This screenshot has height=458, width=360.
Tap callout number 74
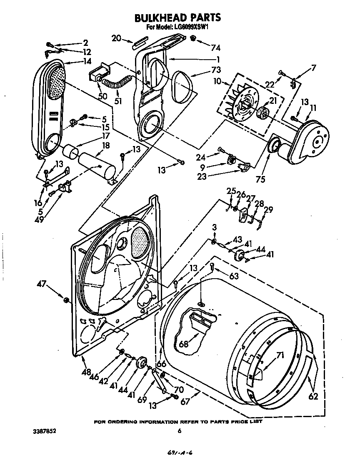(215, 47)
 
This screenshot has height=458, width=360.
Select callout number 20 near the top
(116, 38)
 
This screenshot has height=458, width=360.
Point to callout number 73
(216, 69)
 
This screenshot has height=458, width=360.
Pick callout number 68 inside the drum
(184, 344)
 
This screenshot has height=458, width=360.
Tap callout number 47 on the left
(42, 285)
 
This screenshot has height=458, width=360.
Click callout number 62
(313, 396)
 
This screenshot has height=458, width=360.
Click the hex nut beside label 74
(193, 39)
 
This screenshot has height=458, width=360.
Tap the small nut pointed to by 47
(65, 299)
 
